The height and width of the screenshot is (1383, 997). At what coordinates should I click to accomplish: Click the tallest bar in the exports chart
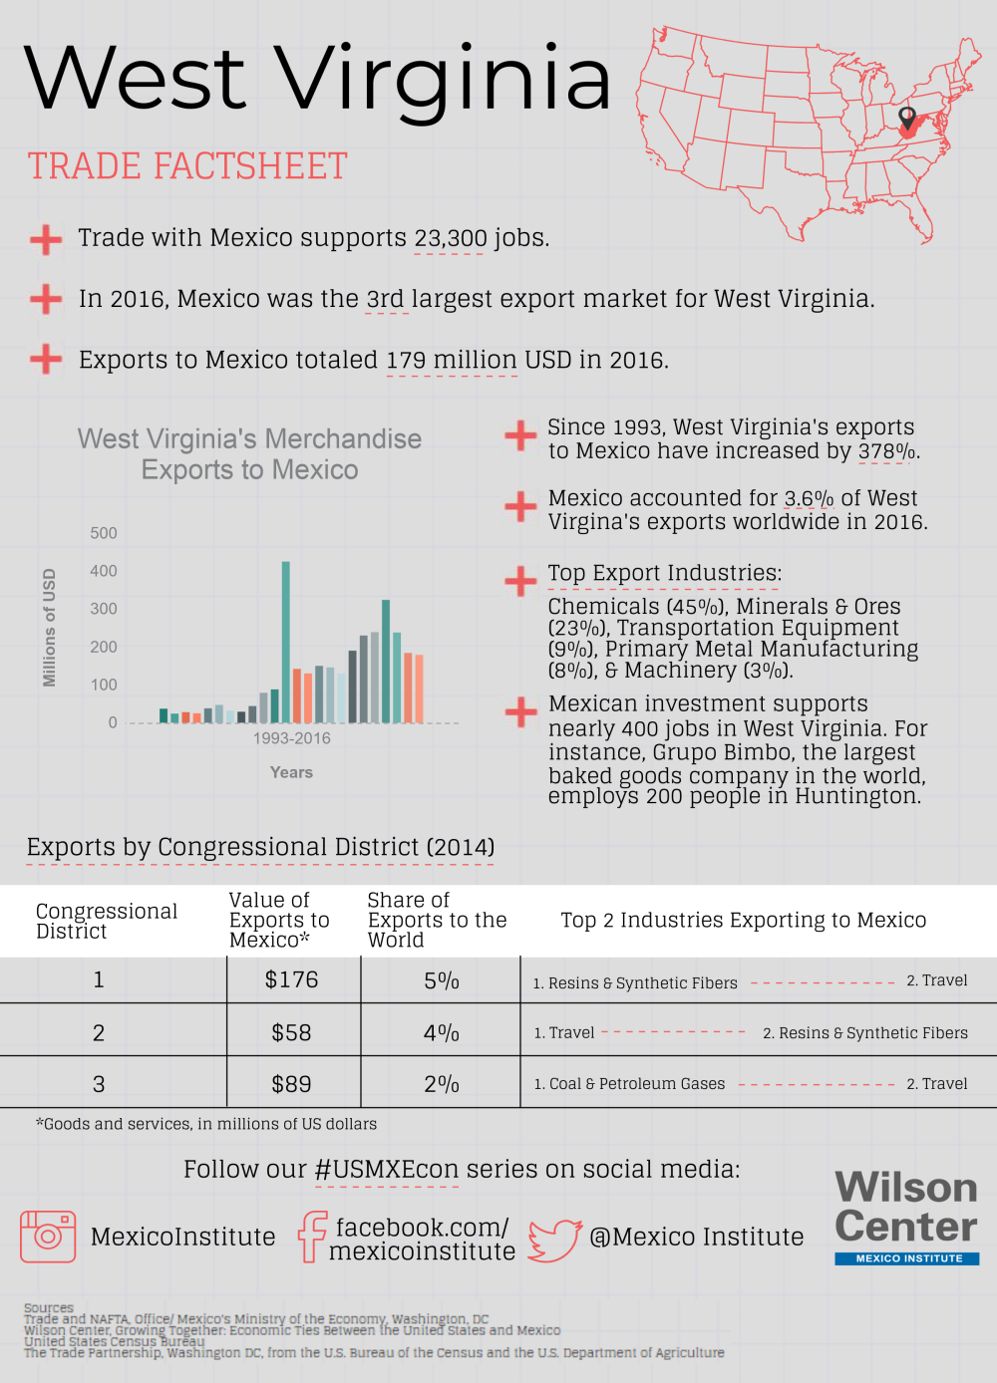pyautogui.click(x=286, y=642)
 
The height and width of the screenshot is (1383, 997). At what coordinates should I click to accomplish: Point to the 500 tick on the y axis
pyautogui.click(x=104, y=533)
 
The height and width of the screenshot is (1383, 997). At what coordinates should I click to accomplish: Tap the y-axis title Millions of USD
pyautogui.click(x=49, y=628)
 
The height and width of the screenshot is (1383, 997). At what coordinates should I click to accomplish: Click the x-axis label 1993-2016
pyautogui.click(x=291, y=738)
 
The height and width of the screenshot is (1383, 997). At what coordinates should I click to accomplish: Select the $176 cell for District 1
pyautogui.click(x=291, y=979)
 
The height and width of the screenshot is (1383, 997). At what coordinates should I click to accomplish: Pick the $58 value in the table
pyautogui.click(x=291, y=1032)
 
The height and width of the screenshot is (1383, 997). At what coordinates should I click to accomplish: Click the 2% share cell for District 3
pyautogui.click(x=441, y=1084)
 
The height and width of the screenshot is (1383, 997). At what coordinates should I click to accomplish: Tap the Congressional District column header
pyautogui.click(x=106, y=921)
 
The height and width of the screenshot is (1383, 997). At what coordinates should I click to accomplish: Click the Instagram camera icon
pyautogui.click(x=48, y=1237)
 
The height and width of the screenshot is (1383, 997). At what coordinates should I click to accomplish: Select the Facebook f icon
pyautogui.click(x=312, y=1237)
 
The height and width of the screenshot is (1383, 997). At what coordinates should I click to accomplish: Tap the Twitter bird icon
pyautogui.click(x=554, y=1239)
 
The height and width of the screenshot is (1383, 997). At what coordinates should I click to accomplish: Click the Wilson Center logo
pyautogui.click(x=906, y=1216)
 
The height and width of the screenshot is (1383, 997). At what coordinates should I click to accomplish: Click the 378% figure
pyautogui.click(x=886, y=451)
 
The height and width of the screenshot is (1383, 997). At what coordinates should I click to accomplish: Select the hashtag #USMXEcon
pyautogui.click(x=387, y=1170)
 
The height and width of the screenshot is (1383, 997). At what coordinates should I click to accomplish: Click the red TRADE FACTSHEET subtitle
pyautogui.click(x=187, y=166)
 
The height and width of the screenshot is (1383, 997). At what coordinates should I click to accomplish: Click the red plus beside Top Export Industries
pyautogui.click(x=520, y=580)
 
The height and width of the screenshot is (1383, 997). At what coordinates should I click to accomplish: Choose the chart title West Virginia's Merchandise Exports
pyautogui.click(x=249, y=454)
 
